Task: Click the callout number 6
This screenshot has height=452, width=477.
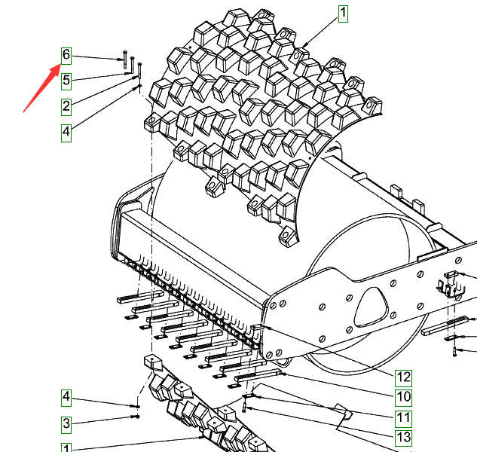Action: [66, 56]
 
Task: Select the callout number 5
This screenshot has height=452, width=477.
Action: [66, 81]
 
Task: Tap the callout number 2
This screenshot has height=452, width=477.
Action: [66, 107]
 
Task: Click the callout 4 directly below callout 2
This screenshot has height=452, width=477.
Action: [66, 133]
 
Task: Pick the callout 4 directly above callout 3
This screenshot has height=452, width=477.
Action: [66, 398]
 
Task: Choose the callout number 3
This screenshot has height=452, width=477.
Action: [66, 424]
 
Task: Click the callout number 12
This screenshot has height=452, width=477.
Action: [403, 378]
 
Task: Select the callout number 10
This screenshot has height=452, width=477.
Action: [403, 398]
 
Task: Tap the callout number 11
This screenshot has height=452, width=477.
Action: [403, 418]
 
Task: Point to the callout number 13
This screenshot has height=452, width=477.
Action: [403, 438]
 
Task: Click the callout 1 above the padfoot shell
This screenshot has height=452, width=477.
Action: [343, 14]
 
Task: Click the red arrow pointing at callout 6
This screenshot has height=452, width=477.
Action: [41, 88]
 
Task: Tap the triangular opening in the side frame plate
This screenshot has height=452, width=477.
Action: [372, 307]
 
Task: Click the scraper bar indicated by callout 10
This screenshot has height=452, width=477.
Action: [258, 374]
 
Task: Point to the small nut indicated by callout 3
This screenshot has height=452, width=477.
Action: [137, 417]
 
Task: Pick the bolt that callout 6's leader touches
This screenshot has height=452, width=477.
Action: [125, 60]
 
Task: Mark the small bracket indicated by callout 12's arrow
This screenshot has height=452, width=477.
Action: [258, 328]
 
